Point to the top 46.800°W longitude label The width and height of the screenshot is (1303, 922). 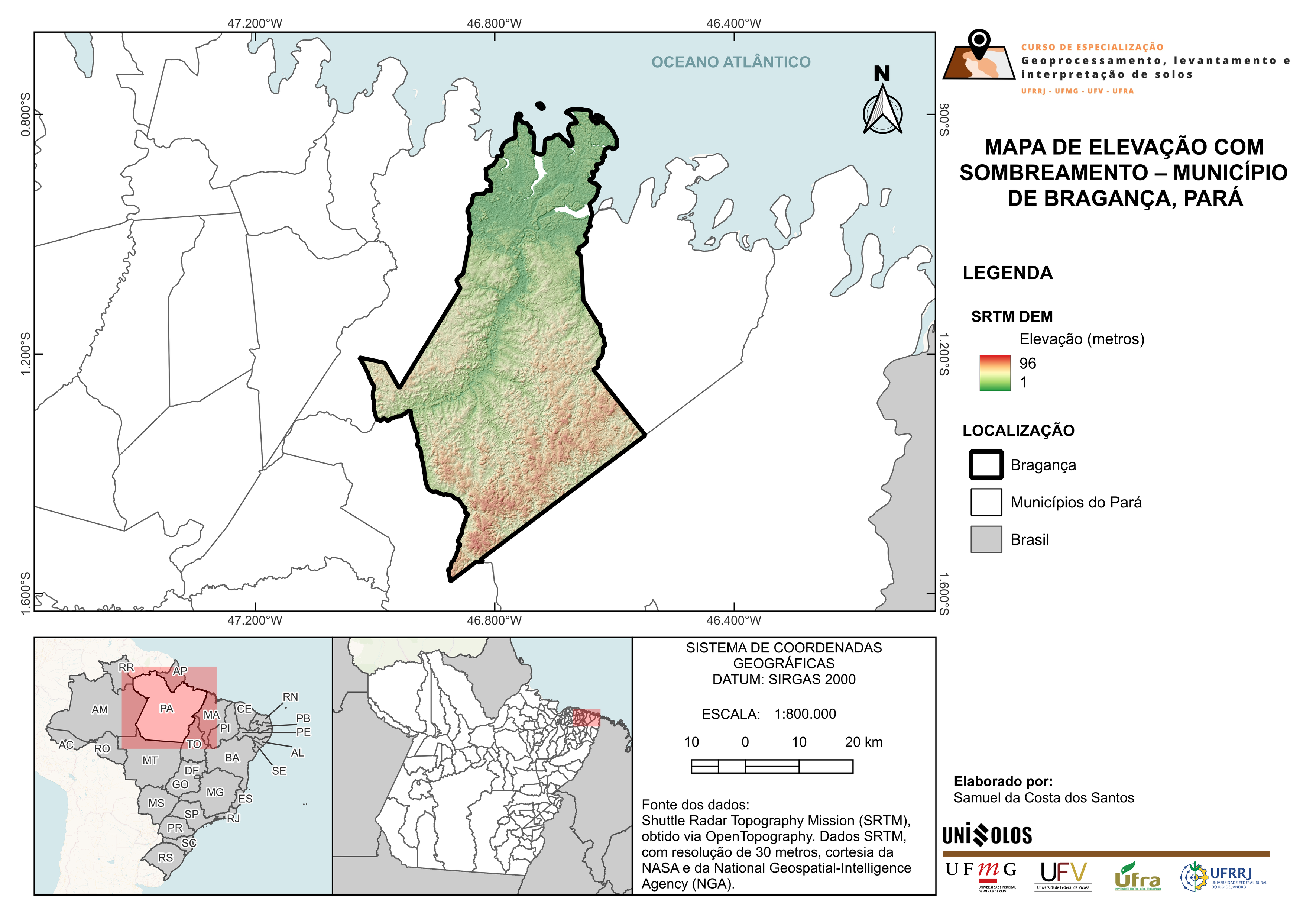click(494, 23)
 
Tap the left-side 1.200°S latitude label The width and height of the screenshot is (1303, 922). click(26, 353)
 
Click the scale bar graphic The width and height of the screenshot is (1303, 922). click(771, 767)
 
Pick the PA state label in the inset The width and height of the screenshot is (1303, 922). click(166, 709)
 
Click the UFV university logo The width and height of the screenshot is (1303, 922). click(1063, 876)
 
